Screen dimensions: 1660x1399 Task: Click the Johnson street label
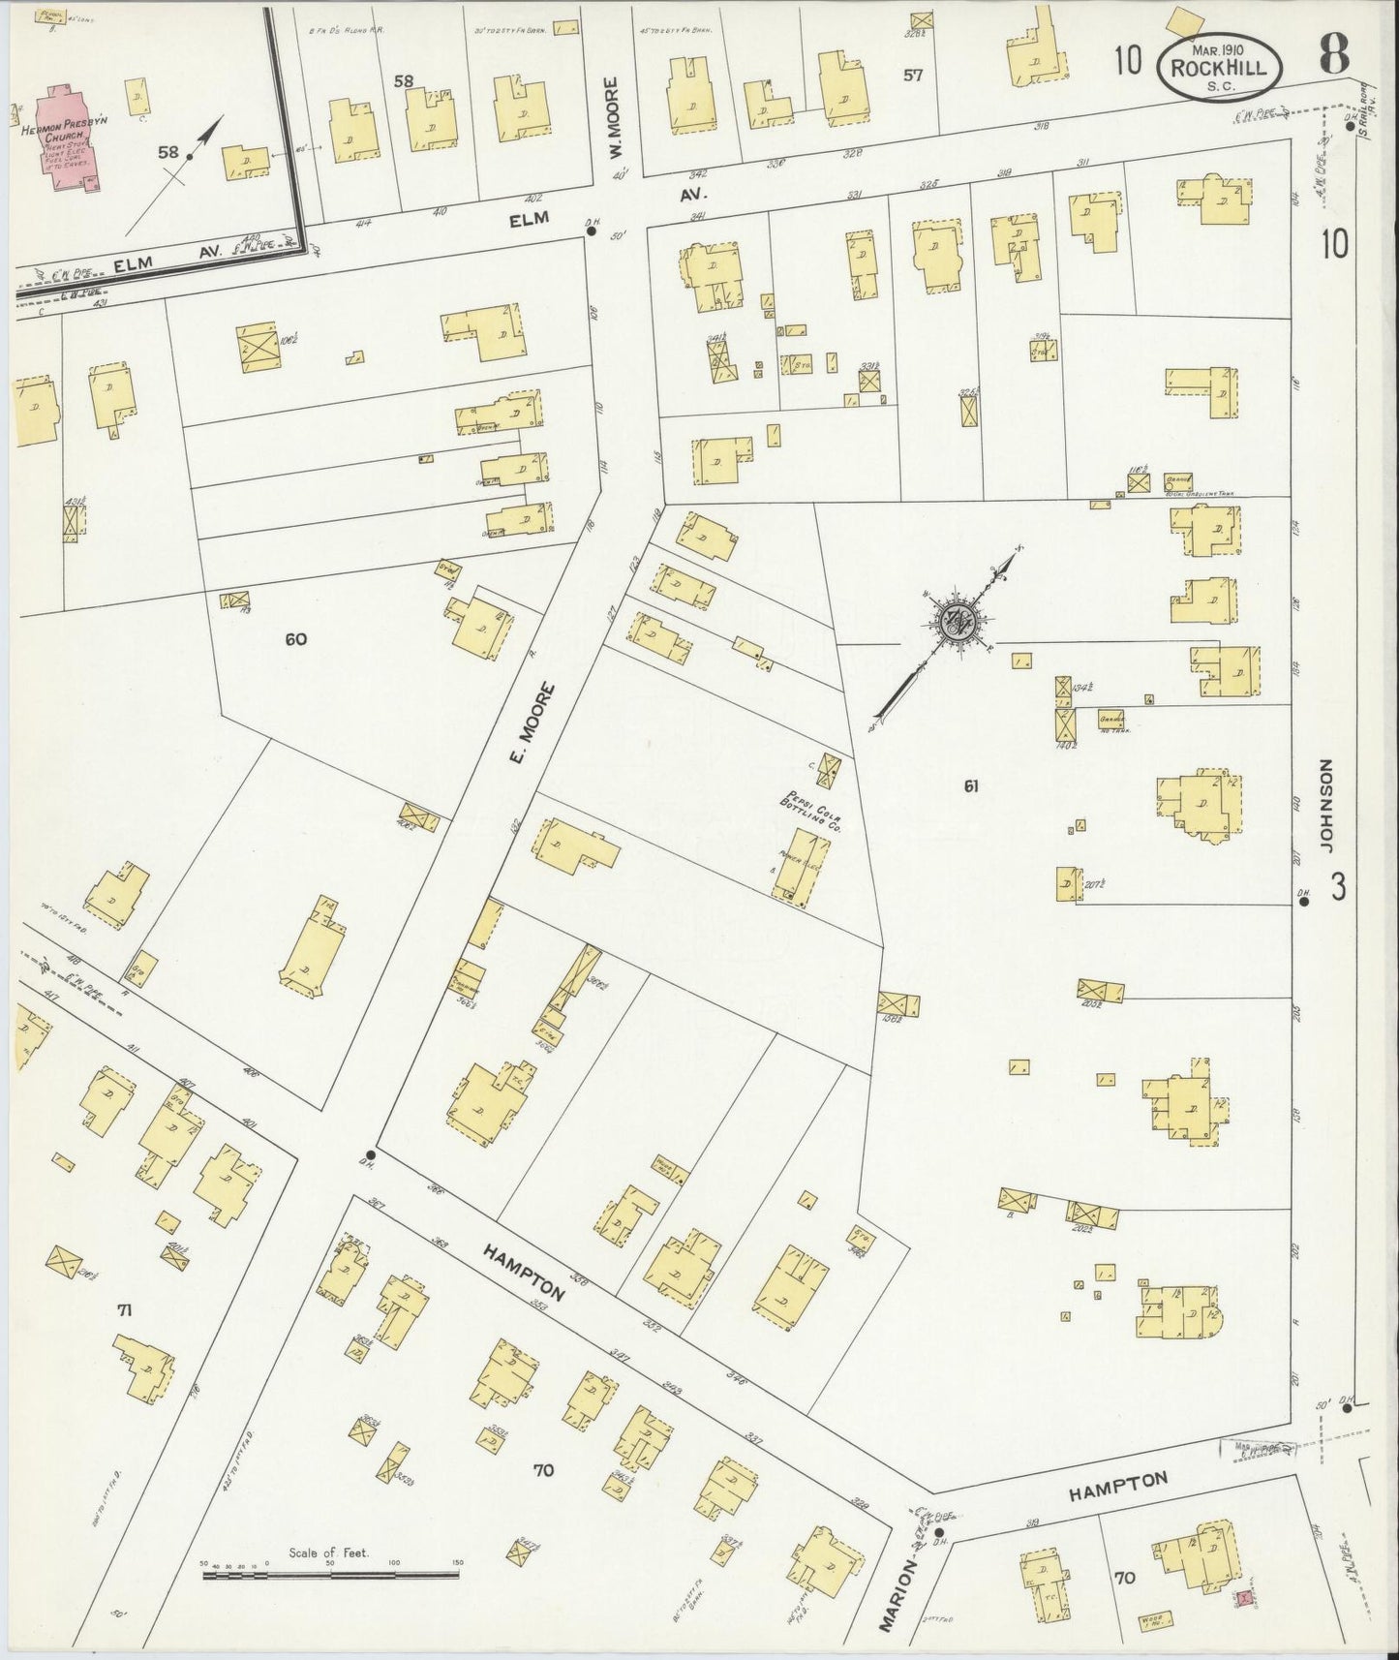[x=1326, y=805]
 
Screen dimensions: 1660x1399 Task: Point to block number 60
[x=296, y=639]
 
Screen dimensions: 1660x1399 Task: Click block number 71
[x=123, y=1311]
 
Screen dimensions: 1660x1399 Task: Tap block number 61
[x=970, y=786]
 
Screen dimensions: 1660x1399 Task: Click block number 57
[x=912, y=75]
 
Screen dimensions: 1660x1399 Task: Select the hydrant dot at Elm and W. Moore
[x=591, y=231]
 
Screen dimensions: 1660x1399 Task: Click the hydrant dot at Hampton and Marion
[x=938, y=1531]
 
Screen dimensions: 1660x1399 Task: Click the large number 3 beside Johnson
[x=1337, y=887]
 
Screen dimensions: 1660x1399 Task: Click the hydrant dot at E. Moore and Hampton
[x=371, y=1154]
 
